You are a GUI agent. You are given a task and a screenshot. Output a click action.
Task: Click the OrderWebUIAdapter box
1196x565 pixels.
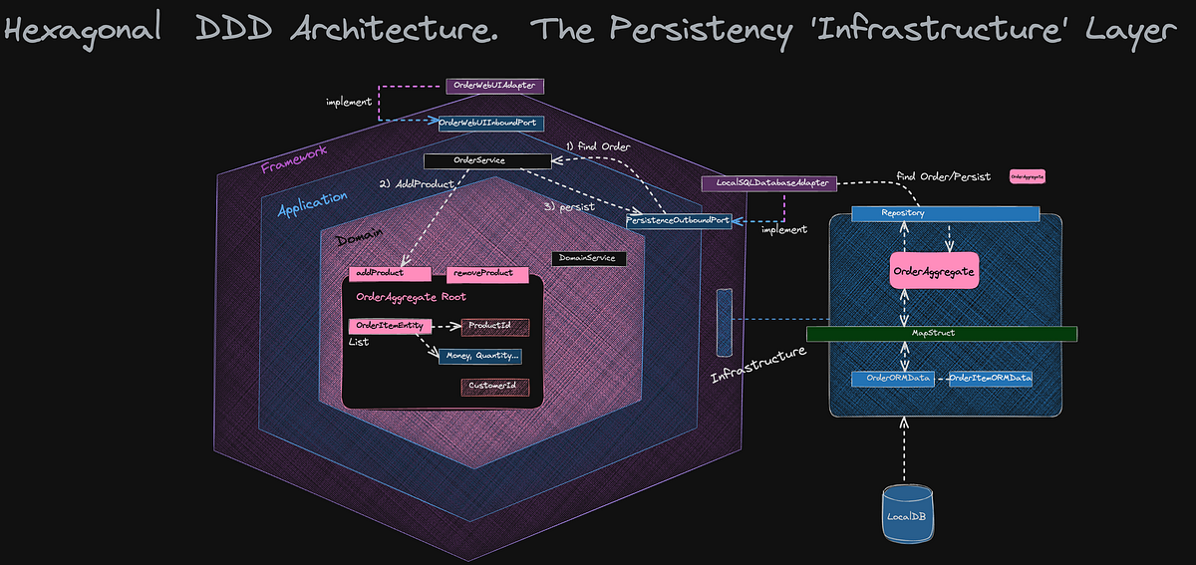click(493, 87)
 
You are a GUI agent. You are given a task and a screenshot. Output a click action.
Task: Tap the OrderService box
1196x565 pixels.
click(486, 160)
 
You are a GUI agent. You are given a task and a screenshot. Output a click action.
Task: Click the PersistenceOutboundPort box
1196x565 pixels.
click(678, 220)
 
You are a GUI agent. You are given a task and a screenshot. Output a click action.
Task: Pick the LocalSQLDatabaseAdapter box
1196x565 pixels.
click(769, 183)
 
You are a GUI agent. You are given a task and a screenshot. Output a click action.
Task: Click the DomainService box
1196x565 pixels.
click(589, 258)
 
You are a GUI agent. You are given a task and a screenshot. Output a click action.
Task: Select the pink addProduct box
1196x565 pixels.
click(390, 274)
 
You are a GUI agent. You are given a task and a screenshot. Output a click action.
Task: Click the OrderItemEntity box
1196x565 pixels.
click(390, 326)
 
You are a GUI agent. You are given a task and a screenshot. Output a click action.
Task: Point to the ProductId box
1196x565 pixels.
click(494, 326)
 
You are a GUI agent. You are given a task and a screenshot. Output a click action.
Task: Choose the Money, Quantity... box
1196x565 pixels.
click(480, 356)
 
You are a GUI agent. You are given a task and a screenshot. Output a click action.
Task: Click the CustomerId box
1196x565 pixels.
click(494, 387)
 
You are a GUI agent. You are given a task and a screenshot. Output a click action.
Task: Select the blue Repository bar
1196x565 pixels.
click(945, 213)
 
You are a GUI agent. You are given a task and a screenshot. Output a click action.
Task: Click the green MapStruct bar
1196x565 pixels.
click(941, 333)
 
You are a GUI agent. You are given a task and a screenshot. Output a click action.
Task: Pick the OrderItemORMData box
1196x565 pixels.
click(990, 379)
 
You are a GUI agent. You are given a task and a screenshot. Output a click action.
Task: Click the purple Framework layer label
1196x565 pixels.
click(293, 160)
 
